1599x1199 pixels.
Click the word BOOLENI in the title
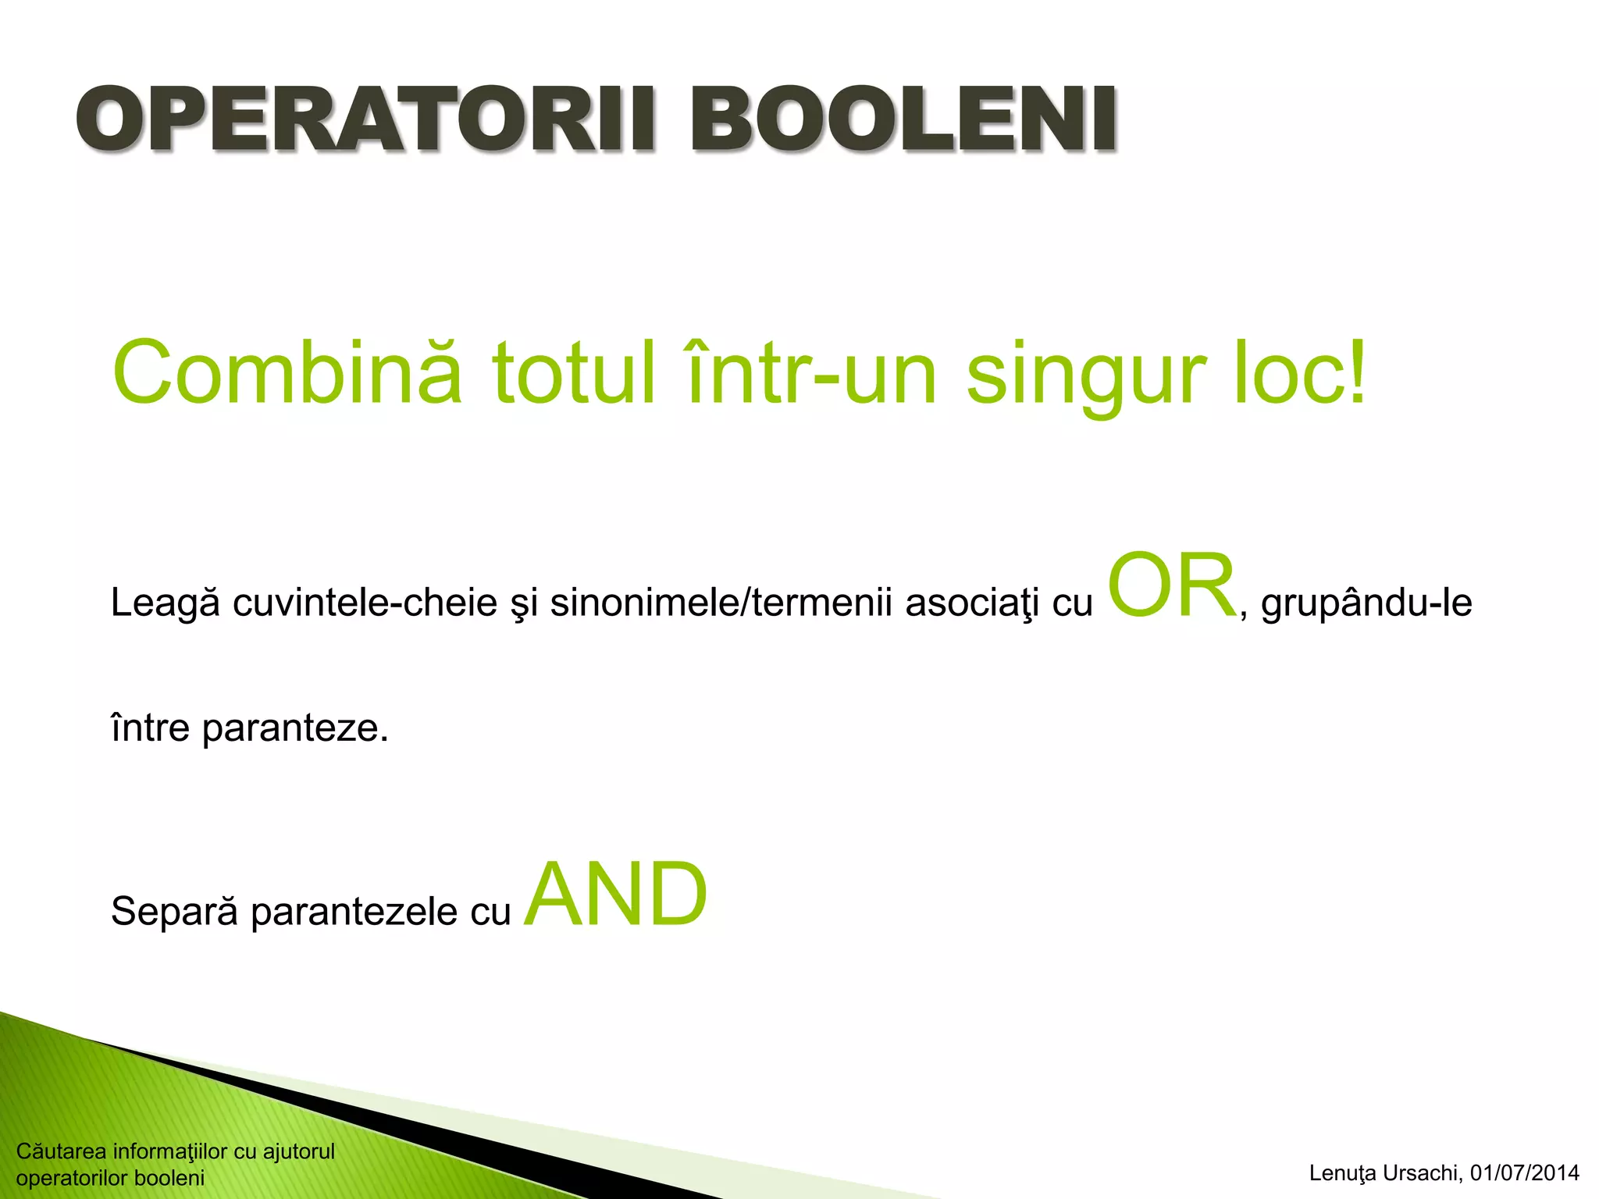click(x=903, y=121)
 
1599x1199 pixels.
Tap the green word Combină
click(x=287, y=373)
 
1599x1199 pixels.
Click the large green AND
click(x=615, y=895)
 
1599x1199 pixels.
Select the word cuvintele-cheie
click(x=365, y=603)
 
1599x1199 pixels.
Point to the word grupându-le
click(x=1366, y=603)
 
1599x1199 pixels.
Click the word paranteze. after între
click(x=295, y=729)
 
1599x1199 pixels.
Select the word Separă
click(x=174, y=912)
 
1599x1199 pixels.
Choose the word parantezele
click(x=354, y=912)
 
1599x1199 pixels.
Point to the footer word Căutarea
click(x=61, y=1151)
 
